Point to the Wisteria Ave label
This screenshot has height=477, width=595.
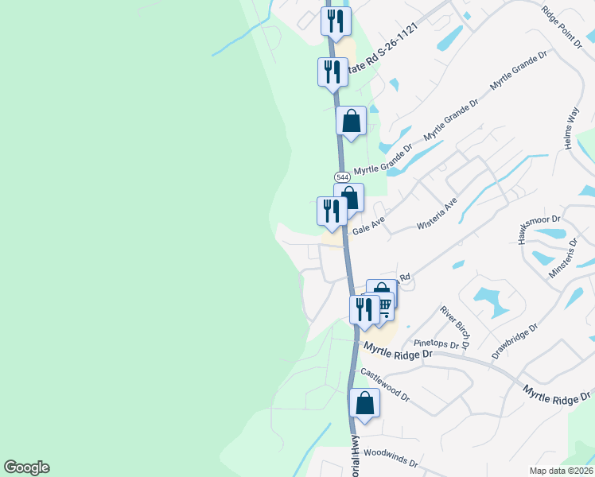click(x=437, y=215)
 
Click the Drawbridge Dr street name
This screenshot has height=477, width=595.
click(x=515, y=340)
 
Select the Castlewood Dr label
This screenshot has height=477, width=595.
click(x=384, y=383)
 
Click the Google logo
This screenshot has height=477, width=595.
click(x=26, y=467)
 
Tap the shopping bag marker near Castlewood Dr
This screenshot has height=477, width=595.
click(x=364, y=403)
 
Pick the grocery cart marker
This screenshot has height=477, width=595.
click(x=383, y=304)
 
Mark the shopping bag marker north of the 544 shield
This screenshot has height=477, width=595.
click(x=352, y=121)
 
